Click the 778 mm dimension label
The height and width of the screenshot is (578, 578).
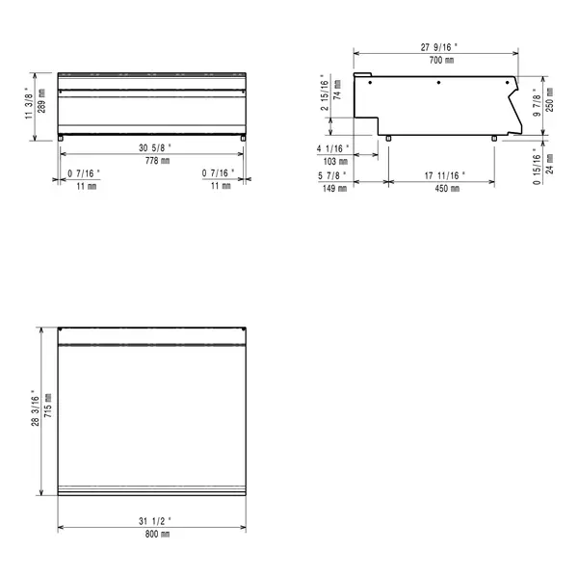[152, 160]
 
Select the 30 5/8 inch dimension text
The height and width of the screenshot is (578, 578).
[152, 147]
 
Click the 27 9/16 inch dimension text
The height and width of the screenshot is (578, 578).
[438, 46]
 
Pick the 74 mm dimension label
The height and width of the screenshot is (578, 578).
[337, 95]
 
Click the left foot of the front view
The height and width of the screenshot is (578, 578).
[63, 138]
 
